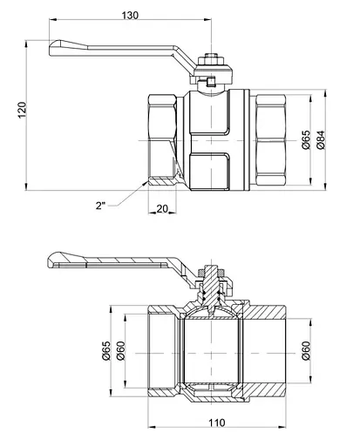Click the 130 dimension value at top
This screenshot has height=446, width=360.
click(x=130, y=15)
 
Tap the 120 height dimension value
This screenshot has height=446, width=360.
click(x=23, y=110)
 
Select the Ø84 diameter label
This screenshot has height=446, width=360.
click(x=321, y=140)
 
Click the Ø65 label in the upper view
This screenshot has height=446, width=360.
click(x=306, y=140)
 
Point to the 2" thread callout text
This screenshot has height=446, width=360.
click(x=100, y=206)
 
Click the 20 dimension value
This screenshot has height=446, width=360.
click(x=162, y=208)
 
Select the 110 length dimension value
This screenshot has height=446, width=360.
click(x=217, y=422)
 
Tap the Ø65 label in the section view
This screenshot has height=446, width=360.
click(x=106, y=350)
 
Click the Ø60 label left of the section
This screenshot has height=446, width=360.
click(x=120, y=350)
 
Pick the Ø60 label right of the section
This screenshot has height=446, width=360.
click(x=306, y=350)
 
